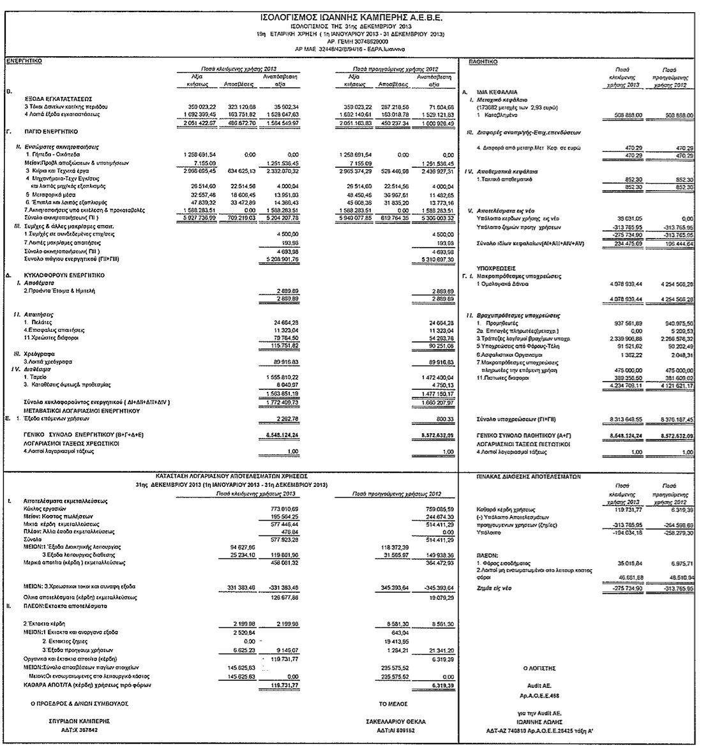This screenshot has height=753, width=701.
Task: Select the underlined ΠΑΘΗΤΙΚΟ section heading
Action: click(x=483, y=61)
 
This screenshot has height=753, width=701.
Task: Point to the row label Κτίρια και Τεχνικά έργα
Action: click(x=54, y=172)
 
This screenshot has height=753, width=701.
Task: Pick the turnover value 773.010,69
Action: click(x=282, y=508)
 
